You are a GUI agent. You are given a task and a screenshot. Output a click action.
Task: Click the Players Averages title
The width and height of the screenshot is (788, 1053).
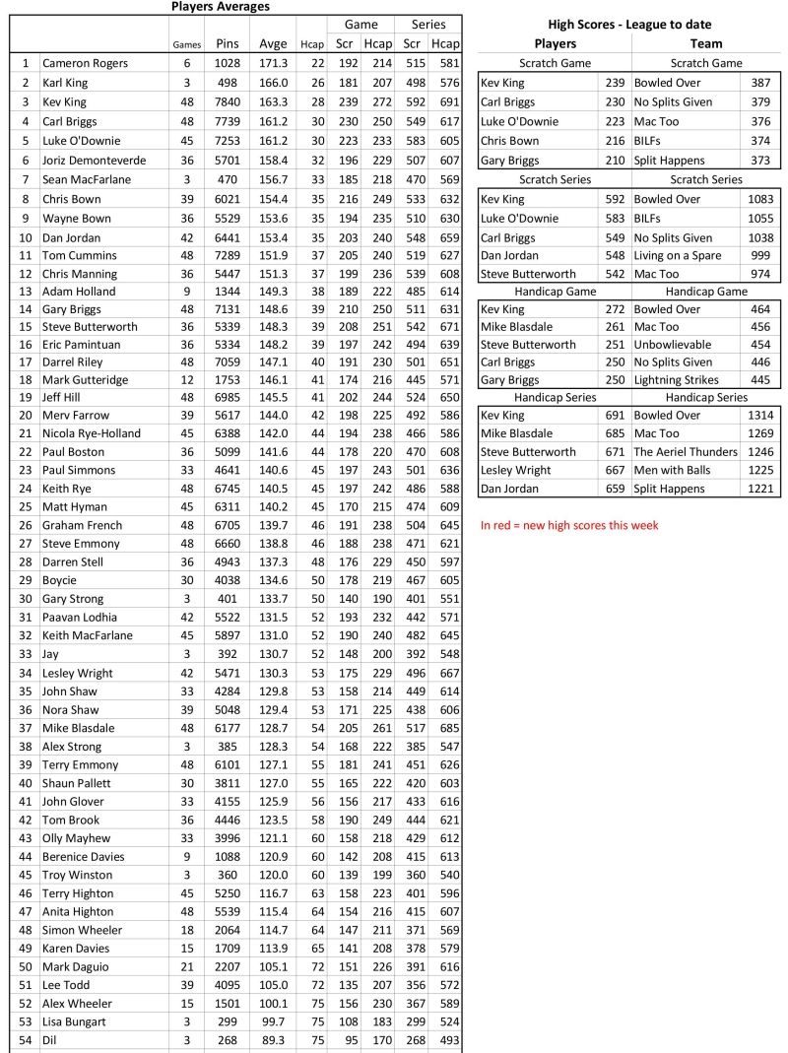[220, 6]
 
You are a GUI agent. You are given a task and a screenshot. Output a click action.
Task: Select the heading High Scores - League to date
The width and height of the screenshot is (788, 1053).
[628, 25]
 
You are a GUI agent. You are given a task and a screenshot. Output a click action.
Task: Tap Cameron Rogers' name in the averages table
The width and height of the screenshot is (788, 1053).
[85, 63]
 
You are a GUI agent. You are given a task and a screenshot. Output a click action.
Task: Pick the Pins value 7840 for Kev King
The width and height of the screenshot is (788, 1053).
[227, 101]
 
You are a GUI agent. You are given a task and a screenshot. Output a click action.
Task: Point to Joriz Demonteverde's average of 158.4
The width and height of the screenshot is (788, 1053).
[273, 160]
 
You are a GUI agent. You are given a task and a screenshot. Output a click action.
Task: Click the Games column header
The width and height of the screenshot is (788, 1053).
[186, 45]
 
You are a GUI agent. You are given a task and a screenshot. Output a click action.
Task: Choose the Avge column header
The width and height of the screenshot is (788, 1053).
[273, 44]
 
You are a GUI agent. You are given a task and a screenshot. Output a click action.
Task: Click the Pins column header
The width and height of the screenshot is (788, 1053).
[227, 44]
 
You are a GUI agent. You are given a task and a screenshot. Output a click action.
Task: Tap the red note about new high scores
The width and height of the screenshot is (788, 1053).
[569, 525]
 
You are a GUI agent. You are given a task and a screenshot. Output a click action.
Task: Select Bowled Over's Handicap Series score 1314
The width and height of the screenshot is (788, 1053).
[760, 416]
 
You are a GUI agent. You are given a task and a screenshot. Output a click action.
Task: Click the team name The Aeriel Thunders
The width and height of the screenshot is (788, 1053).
[686, 452]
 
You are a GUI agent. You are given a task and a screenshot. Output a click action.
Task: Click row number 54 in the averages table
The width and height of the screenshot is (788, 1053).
[25, 1039]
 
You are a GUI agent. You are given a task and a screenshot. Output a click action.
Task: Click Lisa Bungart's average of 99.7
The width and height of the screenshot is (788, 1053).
[273, 1021]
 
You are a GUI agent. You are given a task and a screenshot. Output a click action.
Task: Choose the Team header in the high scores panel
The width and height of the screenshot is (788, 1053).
[705, 43]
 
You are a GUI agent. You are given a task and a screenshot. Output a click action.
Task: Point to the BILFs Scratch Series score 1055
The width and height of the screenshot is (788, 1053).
[760, 218]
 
